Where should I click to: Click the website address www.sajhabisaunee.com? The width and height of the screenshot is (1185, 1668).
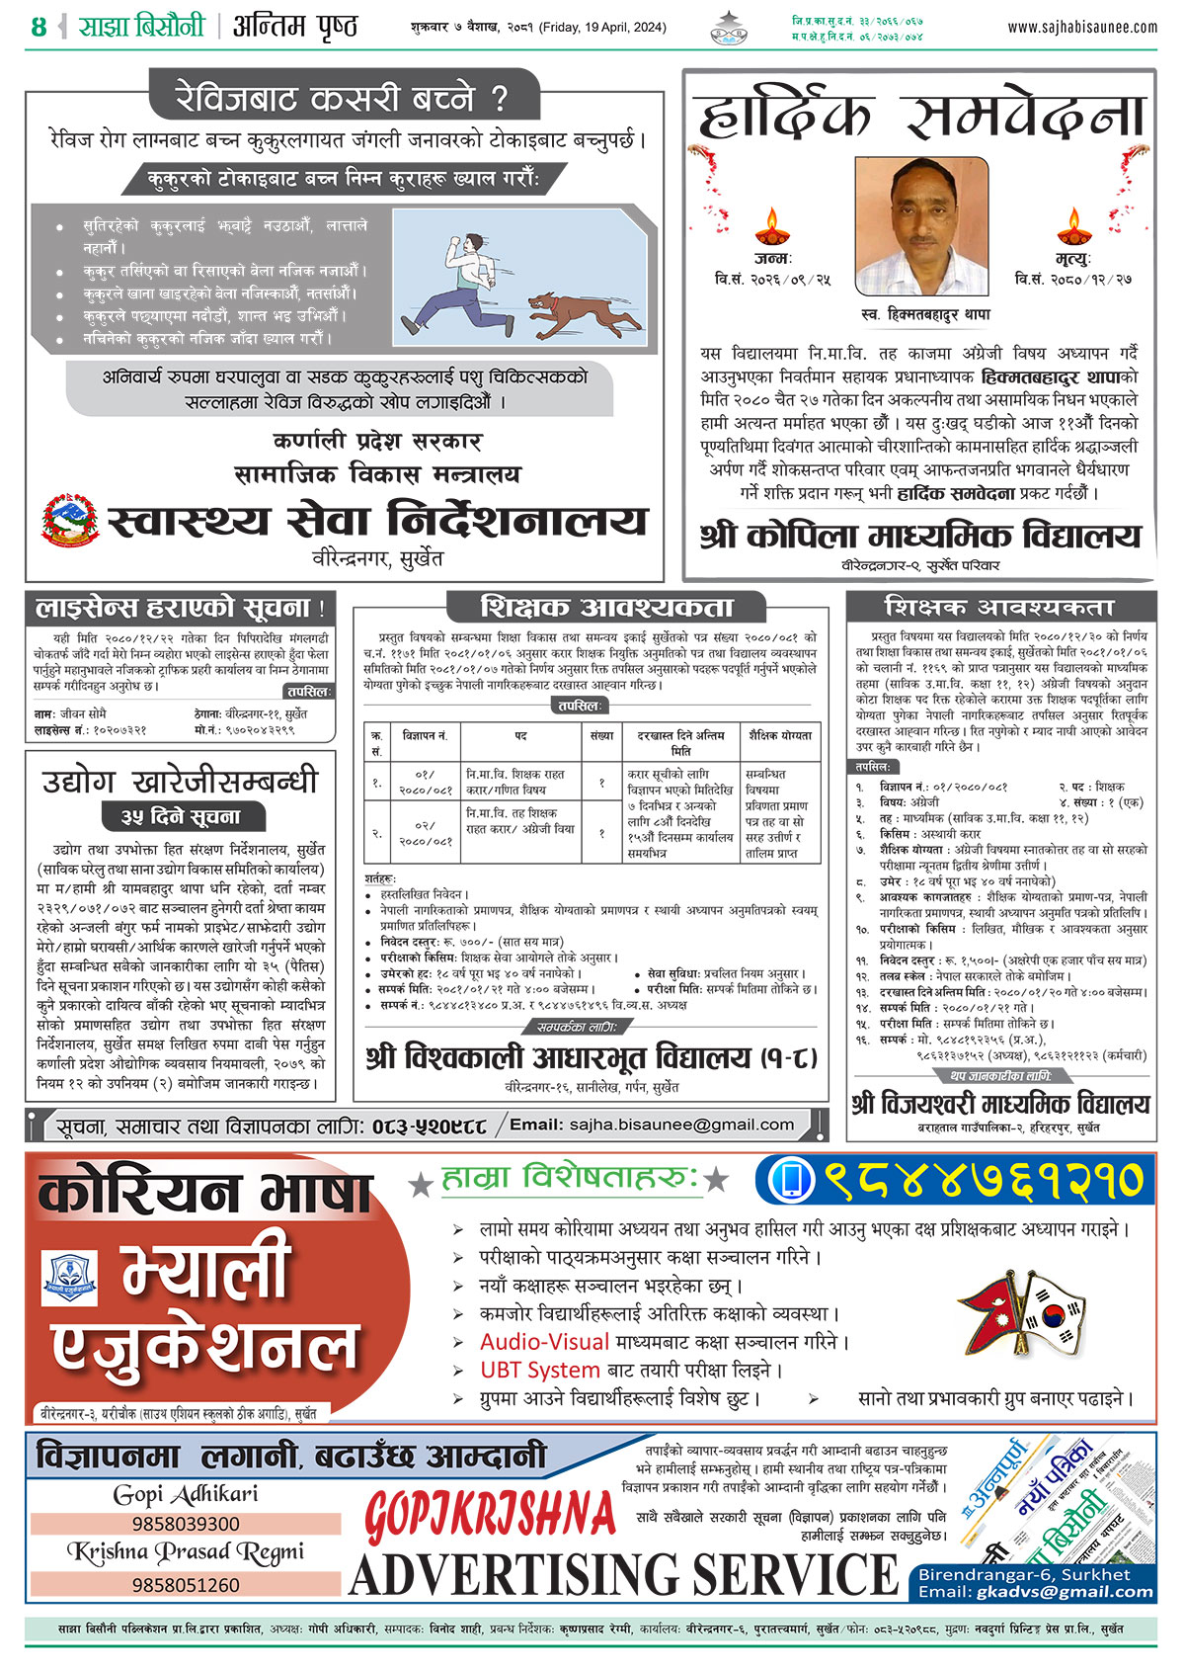click(1082, 28)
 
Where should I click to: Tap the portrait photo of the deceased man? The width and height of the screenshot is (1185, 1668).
click(921, 226)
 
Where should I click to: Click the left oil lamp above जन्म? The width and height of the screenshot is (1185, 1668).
click(772, 228)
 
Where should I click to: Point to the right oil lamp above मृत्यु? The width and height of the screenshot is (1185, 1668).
click(1072, 228)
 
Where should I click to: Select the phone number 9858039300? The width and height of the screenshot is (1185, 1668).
click(186, 1524)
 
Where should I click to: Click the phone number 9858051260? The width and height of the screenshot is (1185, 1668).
click(186, 1585)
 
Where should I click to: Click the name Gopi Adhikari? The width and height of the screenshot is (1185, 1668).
click(186, 1494)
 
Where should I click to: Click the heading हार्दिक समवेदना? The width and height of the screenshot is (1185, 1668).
click(920, 117)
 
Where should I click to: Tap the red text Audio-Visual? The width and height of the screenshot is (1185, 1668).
click(544, 1342)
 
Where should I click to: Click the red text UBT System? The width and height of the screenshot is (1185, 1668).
click(539, 1371)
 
